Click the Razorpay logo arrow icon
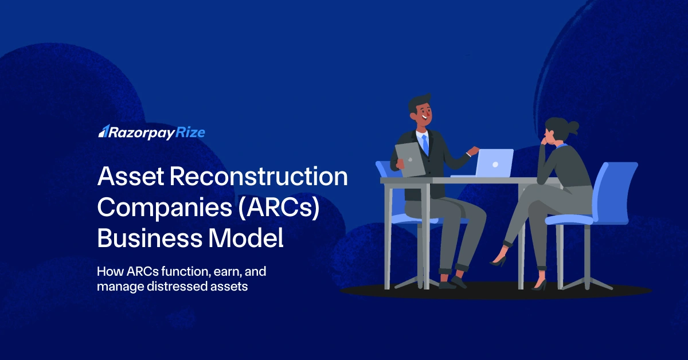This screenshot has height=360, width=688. click(103, 132)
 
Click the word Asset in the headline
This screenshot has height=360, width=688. click(128, 177)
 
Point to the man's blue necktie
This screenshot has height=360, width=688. click(425, 144)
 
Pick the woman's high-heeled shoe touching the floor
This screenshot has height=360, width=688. click(540, 284)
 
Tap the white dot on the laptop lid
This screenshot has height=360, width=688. click(495, 165)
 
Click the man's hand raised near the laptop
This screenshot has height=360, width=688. click(472, 151)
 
